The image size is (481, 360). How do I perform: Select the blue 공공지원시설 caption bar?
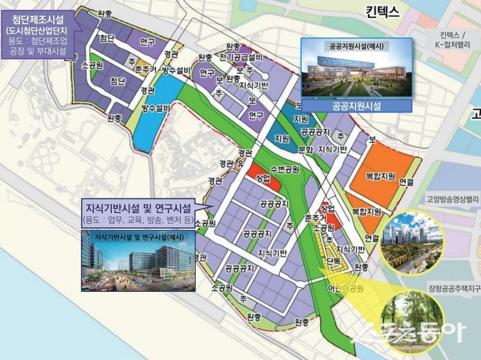coord(356,107)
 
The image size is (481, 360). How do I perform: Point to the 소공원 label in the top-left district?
coord(93,65)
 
